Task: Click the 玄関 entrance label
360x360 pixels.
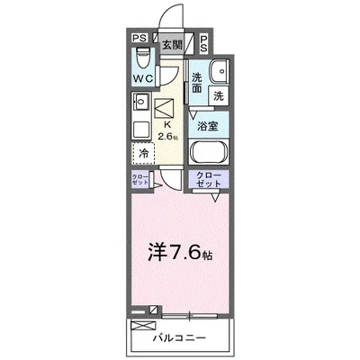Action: (x=172, y=43)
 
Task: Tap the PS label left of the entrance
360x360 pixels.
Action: (x=138, y=39)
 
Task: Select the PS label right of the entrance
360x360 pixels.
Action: (x=204, y=40)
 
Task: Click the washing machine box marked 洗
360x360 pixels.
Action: (x=219, y=94)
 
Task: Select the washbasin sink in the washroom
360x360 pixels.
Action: (x=216, y=72)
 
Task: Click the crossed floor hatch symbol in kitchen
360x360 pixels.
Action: (x=166, y=109)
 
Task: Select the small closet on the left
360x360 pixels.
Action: (x=139, y=179)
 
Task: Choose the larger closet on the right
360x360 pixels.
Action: (x=207, y=179)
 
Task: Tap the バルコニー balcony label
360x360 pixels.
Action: (x=185, y=338)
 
